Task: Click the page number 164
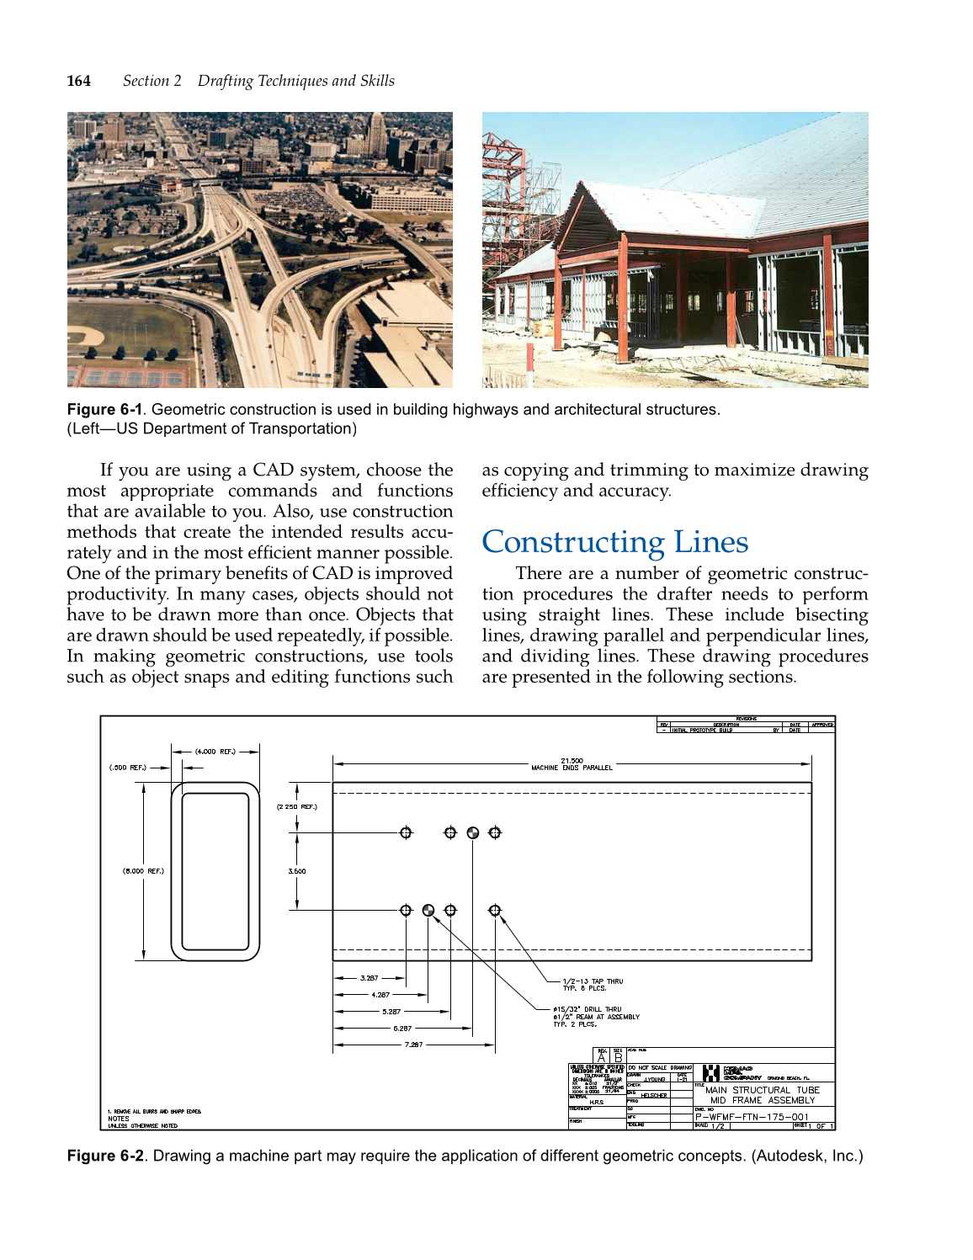(x=79, y=81)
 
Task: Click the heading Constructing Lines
(x=614, y=542)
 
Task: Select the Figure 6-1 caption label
(x=104, y=410)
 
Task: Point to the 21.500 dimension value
(x=572, y=760)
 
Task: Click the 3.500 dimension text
(x=297, y=871)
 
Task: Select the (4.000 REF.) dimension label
(x=215, y=751)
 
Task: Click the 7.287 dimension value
(x=413, y=1045)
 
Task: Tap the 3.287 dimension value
(x=369, y=978)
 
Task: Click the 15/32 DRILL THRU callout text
(x=588, y=1009)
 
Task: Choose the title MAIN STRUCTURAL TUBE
(x=762, y=1090)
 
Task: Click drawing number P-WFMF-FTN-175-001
(x=752, y=1117)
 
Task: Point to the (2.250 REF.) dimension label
(x=297, y=806)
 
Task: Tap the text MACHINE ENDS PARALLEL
(x=572, y=768)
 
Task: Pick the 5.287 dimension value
(x=391, y=1012)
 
